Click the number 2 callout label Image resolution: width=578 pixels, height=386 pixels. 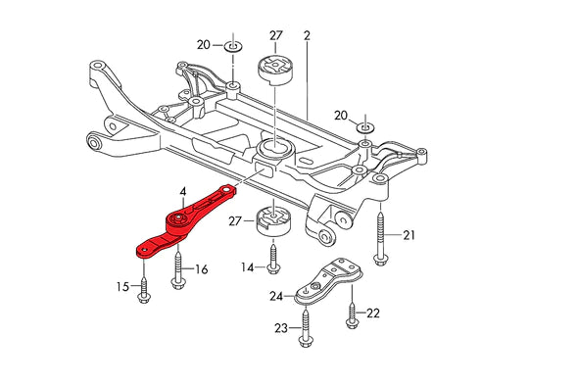(307, 35)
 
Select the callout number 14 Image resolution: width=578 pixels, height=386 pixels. (246, 266)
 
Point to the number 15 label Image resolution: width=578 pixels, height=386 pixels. (121, 286)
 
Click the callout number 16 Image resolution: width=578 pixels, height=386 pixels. (201, 268)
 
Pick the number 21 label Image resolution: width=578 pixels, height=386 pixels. (409, 234)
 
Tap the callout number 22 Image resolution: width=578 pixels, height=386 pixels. (373, 313)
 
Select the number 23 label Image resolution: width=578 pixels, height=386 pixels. (280, 329)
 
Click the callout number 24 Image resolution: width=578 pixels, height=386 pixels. (277, 296)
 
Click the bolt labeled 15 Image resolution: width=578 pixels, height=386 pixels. (146, 285)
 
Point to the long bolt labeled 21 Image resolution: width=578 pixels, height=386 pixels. (380, 235)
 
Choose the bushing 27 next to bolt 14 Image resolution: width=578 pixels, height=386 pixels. (275, 221)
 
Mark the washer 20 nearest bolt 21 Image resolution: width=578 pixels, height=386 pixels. (364, 127)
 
